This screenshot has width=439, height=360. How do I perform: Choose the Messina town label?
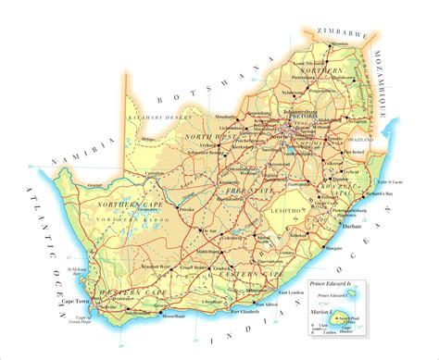point(341,43)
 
